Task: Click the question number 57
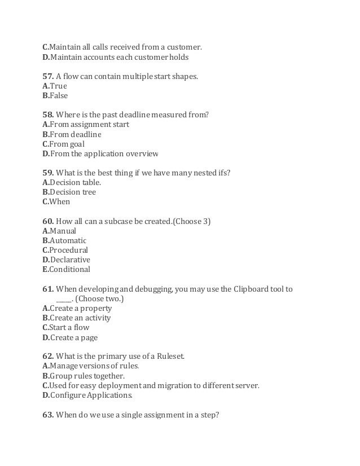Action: point(48,76)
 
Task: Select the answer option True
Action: point(58,86)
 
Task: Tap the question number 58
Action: point(48,115)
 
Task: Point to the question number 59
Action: point(48,173)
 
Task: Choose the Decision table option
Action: point(76,182)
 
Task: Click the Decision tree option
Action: point(73,192)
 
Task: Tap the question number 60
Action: point(48,221)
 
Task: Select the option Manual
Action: point(63,231)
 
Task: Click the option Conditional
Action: point(70,269)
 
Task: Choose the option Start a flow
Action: point(69,327)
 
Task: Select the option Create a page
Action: point(73,337)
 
